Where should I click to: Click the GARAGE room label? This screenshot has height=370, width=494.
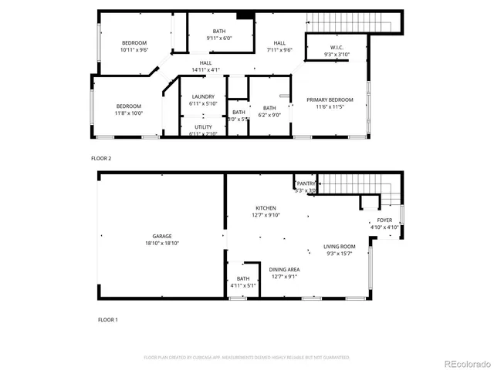coord(161,236)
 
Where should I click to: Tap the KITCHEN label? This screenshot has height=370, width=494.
coord(266,208)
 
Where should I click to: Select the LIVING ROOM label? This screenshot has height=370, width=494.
coord(339,247)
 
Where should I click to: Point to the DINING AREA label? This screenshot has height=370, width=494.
coord(284,270)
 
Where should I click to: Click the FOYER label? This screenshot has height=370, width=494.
coord(384,220)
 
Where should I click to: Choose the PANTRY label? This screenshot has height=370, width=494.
coord(306,183)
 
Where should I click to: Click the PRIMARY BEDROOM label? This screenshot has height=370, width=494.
coord(330,100)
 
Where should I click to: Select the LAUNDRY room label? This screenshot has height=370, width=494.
coord(203,96)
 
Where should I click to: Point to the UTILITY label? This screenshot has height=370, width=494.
coord(203,126)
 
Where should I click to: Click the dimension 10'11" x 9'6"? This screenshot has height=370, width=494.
coord(134,50)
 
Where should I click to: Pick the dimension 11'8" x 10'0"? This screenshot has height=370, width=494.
coord(129,113)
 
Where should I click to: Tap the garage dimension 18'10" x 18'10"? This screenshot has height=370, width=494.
coord(161,243)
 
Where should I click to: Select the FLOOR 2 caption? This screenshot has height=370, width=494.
coord(101,158)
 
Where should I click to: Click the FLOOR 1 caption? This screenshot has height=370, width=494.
coord(108,318)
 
